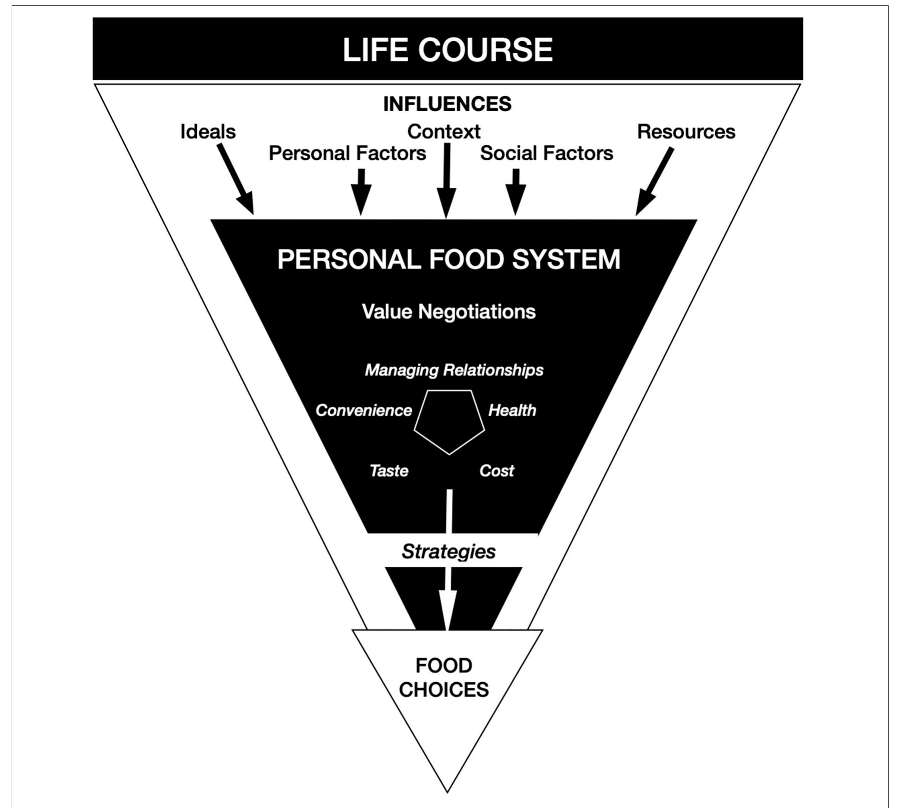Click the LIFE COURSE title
click(447, 50)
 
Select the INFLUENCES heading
click(447, 104)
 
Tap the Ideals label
click(208, 132)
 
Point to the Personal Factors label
click(347, 153)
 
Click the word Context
click(444, 132)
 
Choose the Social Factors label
click(546, 153)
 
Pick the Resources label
click(686, 132)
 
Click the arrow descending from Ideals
click(236, 179)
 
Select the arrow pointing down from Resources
click(654, 181)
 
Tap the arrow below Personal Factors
click(360, 192)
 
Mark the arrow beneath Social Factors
click(516, 192)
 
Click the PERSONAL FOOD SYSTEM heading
click(449, 259)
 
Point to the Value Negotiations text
click(449, 312)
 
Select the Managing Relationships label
click(454, 370)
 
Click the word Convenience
click(364, 410)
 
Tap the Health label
click(512, 410)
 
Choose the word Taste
click(389, 471)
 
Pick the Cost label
click(497, 471)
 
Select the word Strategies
click(448, 552)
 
